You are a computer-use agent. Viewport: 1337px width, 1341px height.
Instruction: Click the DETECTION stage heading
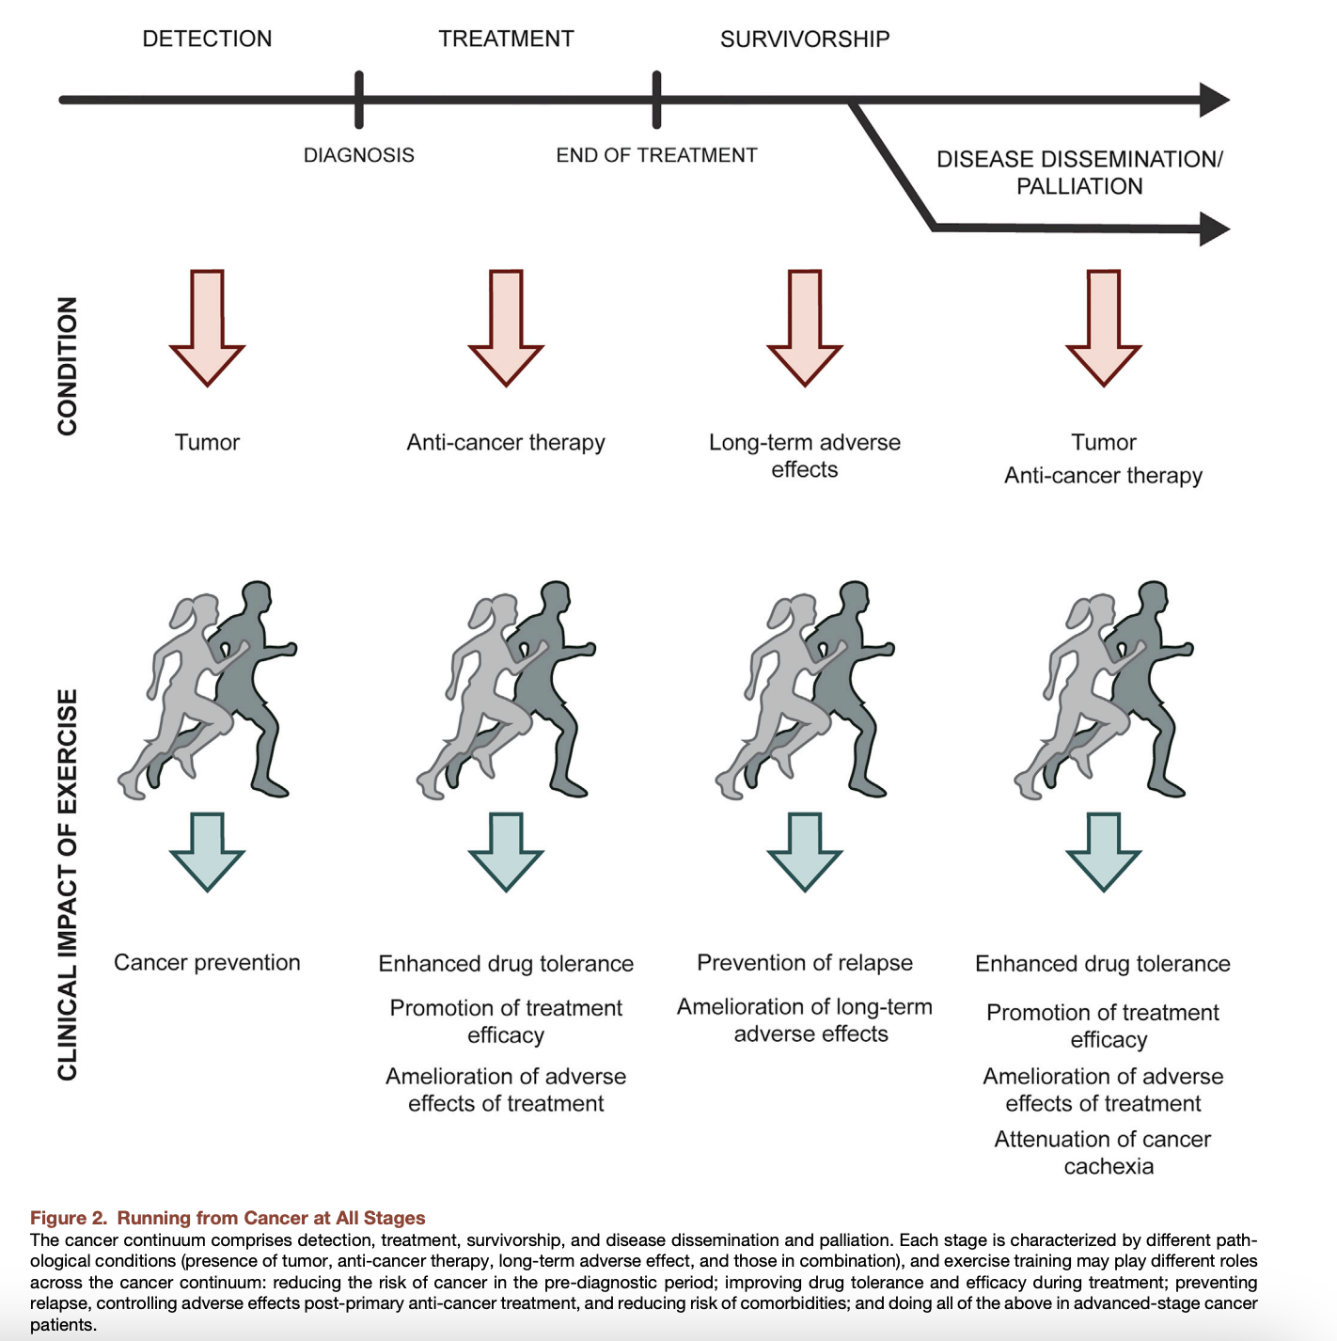(207, 39)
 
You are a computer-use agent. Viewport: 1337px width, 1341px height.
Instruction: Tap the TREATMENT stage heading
(506, 39)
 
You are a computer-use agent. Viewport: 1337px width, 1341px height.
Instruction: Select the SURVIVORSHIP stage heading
(805, 39)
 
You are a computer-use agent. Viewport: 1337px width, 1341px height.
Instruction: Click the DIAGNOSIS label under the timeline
(358, 154)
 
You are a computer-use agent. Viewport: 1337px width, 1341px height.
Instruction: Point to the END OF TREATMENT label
(656, 154)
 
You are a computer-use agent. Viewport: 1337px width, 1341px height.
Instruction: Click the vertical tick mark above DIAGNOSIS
(358, 100)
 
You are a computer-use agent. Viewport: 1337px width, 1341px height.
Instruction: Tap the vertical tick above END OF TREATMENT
(656, 100)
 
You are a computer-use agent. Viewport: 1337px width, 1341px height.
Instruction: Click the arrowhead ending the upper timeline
(1215, 100)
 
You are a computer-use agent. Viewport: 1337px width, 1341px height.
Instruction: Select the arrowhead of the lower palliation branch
(1215, 229)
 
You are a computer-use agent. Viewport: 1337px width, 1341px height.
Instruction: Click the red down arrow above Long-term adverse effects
(805, 327)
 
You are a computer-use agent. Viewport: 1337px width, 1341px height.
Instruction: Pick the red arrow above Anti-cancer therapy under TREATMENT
(506, 327)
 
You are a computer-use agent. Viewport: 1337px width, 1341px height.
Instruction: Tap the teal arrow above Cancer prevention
(207, 852)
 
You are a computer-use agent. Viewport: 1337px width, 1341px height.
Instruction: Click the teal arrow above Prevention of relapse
(805, 852)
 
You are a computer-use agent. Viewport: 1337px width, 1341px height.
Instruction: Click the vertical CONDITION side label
(67, 367)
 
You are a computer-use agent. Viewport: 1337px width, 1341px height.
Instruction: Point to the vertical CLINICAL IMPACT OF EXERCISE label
(67, 885)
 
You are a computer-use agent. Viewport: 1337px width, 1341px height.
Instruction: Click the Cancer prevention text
(207, 962)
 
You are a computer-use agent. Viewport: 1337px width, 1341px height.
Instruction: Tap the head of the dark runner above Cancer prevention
(256, 596)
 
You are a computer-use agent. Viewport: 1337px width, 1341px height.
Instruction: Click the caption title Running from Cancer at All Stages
(271, 1218)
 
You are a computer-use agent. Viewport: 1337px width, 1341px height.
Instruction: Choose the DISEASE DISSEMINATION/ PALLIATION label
(1079, 173)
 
